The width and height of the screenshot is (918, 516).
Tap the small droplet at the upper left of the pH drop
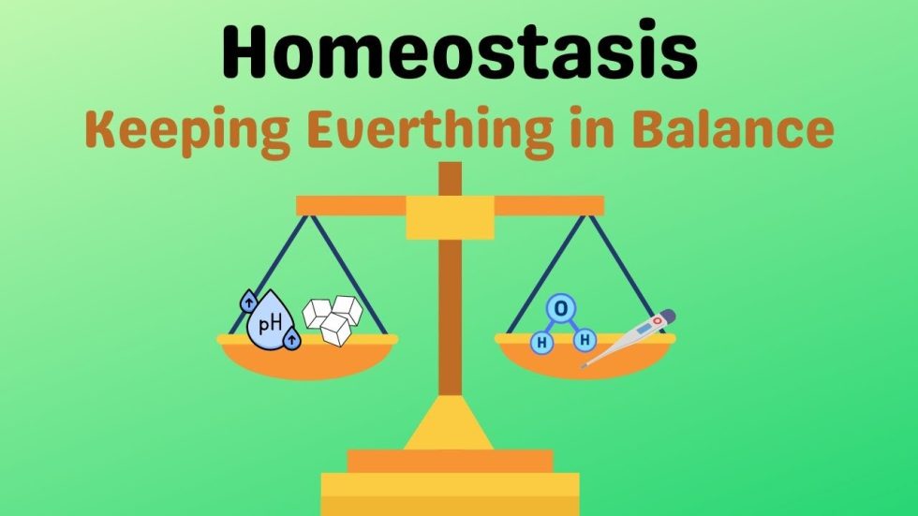pos(249,301)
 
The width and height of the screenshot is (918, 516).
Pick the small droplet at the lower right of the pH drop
pos(292,339)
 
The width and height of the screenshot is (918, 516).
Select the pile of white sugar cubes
pos(333,317)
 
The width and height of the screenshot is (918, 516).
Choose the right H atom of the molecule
pos(586,338)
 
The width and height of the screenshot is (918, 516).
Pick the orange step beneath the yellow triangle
pos(451,461)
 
